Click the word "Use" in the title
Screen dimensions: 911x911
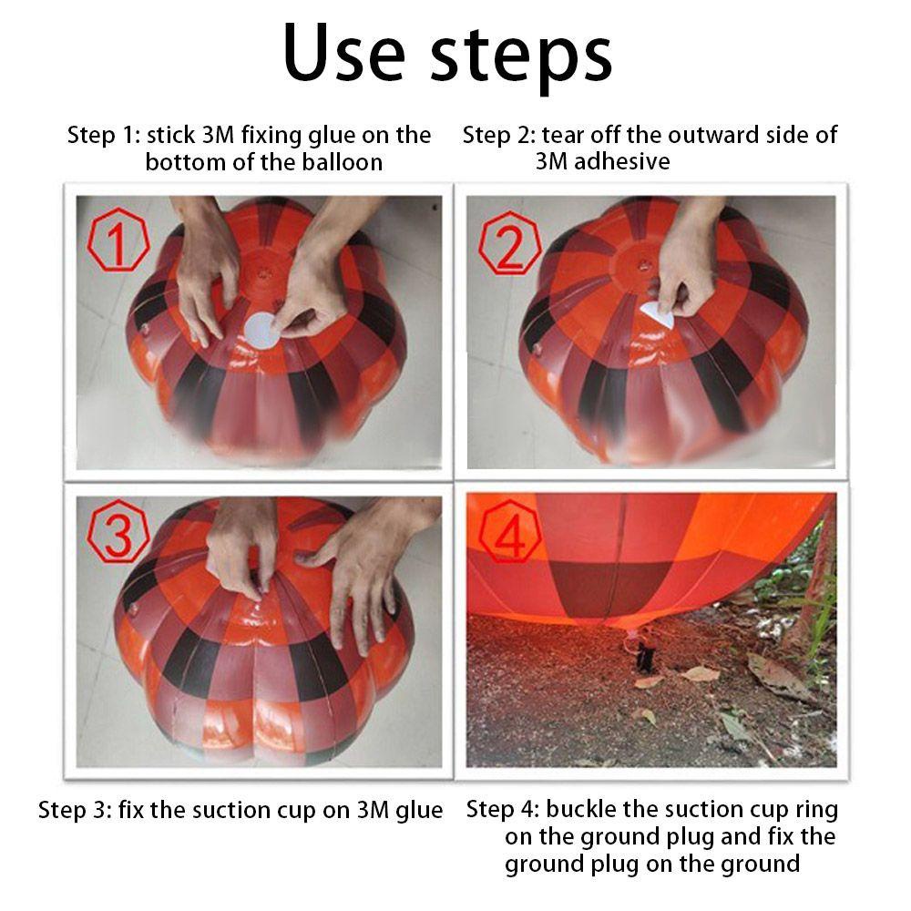pos(343,54)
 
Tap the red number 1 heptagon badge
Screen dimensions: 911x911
pos(118,240)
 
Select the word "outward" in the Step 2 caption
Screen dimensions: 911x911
pos(714,136)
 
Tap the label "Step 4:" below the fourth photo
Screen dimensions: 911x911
pos(503,810)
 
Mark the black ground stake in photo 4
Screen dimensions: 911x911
pos(643,655)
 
